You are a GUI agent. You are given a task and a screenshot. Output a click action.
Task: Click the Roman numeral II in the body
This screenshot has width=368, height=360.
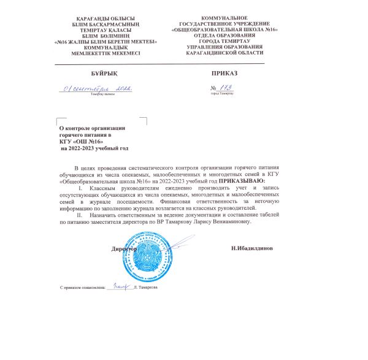pos(78,215)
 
